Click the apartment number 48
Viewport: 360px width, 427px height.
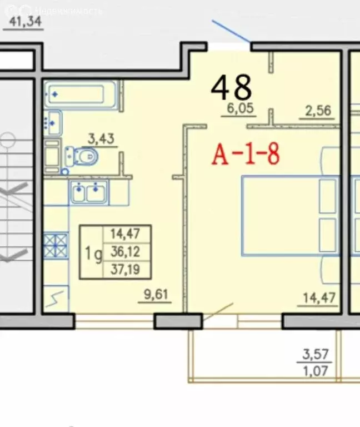click(231, 87)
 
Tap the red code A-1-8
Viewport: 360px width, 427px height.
click(246, 154)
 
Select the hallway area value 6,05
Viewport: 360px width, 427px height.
click(240, 108)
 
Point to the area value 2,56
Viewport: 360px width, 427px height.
click(318, 111)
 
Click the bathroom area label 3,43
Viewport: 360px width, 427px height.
click(101, 139)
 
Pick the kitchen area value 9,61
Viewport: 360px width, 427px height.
click(156, 295)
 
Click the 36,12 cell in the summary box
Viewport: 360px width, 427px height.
click(125, 252)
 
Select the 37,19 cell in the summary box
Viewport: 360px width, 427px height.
click(125, 270)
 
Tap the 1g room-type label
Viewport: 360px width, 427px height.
click(94, 254)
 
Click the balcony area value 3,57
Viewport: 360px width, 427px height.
click(316, 354)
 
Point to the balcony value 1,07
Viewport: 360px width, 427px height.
click(316, 371)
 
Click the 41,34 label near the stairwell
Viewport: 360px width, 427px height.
click(26, 21)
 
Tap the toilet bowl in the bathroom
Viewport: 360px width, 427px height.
click(82, 157)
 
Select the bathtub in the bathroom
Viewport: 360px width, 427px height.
click(80, 95)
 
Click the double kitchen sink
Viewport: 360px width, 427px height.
click(88, 191)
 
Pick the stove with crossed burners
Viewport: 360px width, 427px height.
click(56, 245)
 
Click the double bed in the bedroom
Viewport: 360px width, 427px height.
click(291, 216)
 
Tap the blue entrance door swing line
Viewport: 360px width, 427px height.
click(231, 31)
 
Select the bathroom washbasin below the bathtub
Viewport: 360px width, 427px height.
click(53, 123)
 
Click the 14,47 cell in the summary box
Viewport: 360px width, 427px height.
click(125, 234)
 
